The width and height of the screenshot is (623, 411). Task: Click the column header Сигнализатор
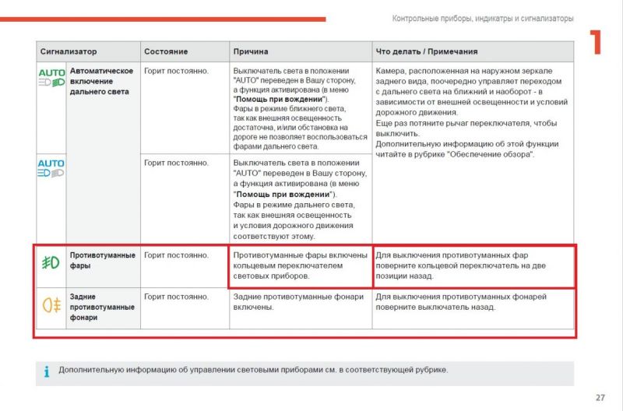tap(69, 51)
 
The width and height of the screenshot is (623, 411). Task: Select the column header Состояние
tap(166, 51)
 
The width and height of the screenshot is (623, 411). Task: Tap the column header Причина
tap(251, 51)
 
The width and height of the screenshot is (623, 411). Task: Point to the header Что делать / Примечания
tap(427, 51)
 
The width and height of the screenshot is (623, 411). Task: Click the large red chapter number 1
tap(597, 43)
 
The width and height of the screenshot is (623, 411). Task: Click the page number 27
tap(600, 398)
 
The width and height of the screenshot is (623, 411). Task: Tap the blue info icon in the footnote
tap(46, 372)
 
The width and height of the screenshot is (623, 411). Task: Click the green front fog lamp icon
tap(51, 262)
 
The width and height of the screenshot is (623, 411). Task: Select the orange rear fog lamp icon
tap(51, 304)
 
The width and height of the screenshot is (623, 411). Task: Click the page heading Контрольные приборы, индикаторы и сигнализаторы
tap(483, 18)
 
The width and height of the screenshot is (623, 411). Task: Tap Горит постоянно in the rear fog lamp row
tap(177, 297)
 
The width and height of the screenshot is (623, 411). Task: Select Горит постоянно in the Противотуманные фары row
tap(177, 255)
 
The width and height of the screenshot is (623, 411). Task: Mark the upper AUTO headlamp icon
tap(51, 77)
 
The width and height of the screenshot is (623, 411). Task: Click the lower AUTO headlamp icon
tap(51, 168)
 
